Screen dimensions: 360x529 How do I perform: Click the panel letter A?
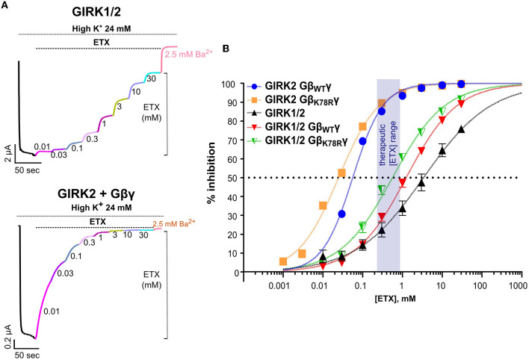[x=7, y=6]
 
